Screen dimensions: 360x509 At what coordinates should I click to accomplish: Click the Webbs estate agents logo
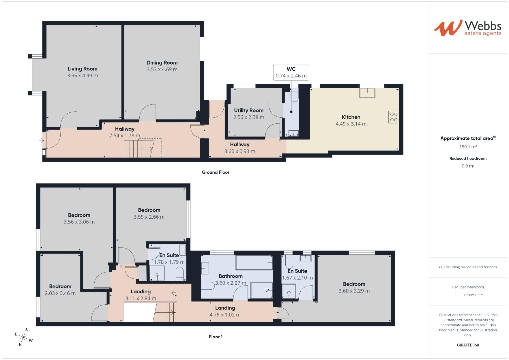(467, 28)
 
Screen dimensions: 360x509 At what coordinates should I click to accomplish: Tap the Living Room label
(82, 69)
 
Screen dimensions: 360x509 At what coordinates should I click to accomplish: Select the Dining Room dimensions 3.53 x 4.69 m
(162, 70)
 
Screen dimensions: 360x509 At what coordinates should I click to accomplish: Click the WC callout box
(291, 72)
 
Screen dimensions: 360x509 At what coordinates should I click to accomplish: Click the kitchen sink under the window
(367, 92)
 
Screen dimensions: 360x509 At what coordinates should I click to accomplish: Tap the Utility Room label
(249, 110)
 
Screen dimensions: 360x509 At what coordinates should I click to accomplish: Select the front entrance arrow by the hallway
(41, 140)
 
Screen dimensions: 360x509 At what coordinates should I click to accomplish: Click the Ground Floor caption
(215, 172)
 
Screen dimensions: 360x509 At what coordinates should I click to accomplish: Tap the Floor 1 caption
(216, 337)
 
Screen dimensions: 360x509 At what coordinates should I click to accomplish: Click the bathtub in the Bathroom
(254, 263)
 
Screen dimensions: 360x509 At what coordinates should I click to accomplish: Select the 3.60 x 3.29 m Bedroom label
(354, 287)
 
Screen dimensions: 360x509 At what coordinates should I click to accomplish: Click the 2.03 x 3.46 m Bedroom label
(60, 290)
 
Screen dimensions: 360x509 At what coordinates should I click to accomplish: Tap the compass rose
(24, 337)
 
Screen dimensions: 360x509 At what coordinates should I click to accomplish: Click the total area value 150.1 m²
(468, 147)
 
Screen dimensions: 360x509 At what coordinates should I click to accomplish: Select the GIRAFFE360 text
(468, 345)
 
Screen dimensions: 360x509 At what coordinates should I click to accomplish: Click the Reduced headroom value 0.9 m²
(468, 166)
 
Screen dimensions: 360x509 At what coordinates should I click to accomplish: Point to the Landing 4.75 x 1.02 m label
(225, 311)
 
